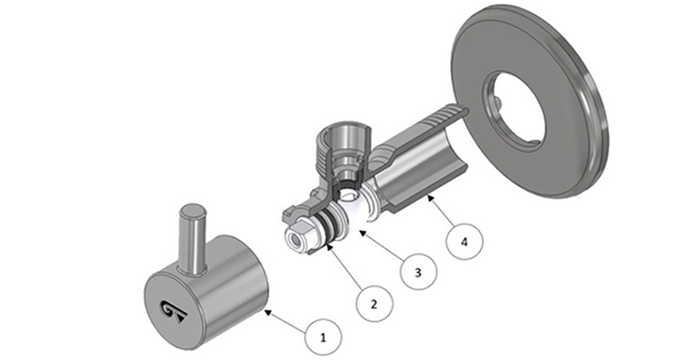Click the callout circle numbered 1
pos(324,337)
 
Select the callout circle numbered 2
pos(375,304)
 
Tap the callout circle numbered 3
pos(418,272)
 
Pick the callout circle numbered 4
pos(465,242)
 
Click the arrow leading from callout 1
pos(286,321)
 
